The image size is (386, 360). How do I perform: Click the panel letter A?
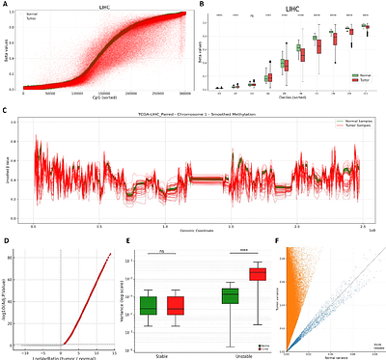coord(5,5)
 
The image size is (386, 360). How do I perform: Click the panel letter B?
coord(201,5)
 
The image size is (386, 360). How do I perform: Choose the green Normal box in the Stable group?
coord(150,305)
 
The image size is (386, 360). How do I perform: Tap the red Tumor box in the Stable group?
coord(175,305)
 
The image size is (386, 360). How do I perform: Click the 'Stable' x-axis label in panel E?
coord(162,355)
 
